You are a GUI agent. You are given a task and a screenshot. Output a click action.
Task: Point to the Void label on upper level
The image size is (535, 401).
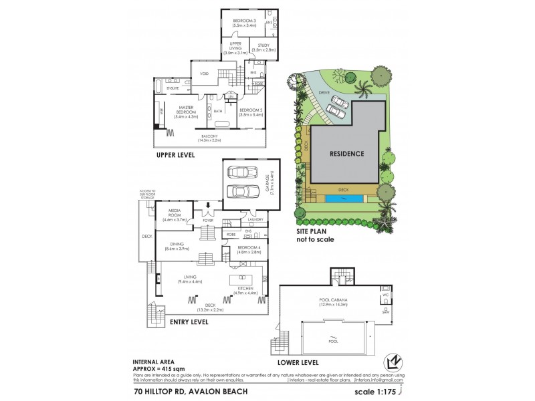pos(204,74)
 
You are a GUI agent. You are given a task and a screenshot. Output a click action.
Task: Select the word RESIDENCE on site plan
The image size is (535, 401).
pos(346,154)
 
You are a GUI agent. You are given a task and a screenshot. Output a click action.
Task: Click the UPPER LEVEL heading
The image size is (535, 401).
pos(175,156)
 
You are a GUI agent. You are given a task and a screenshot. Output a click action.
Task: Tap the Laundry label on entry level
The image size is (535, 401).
pos(254,219)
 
